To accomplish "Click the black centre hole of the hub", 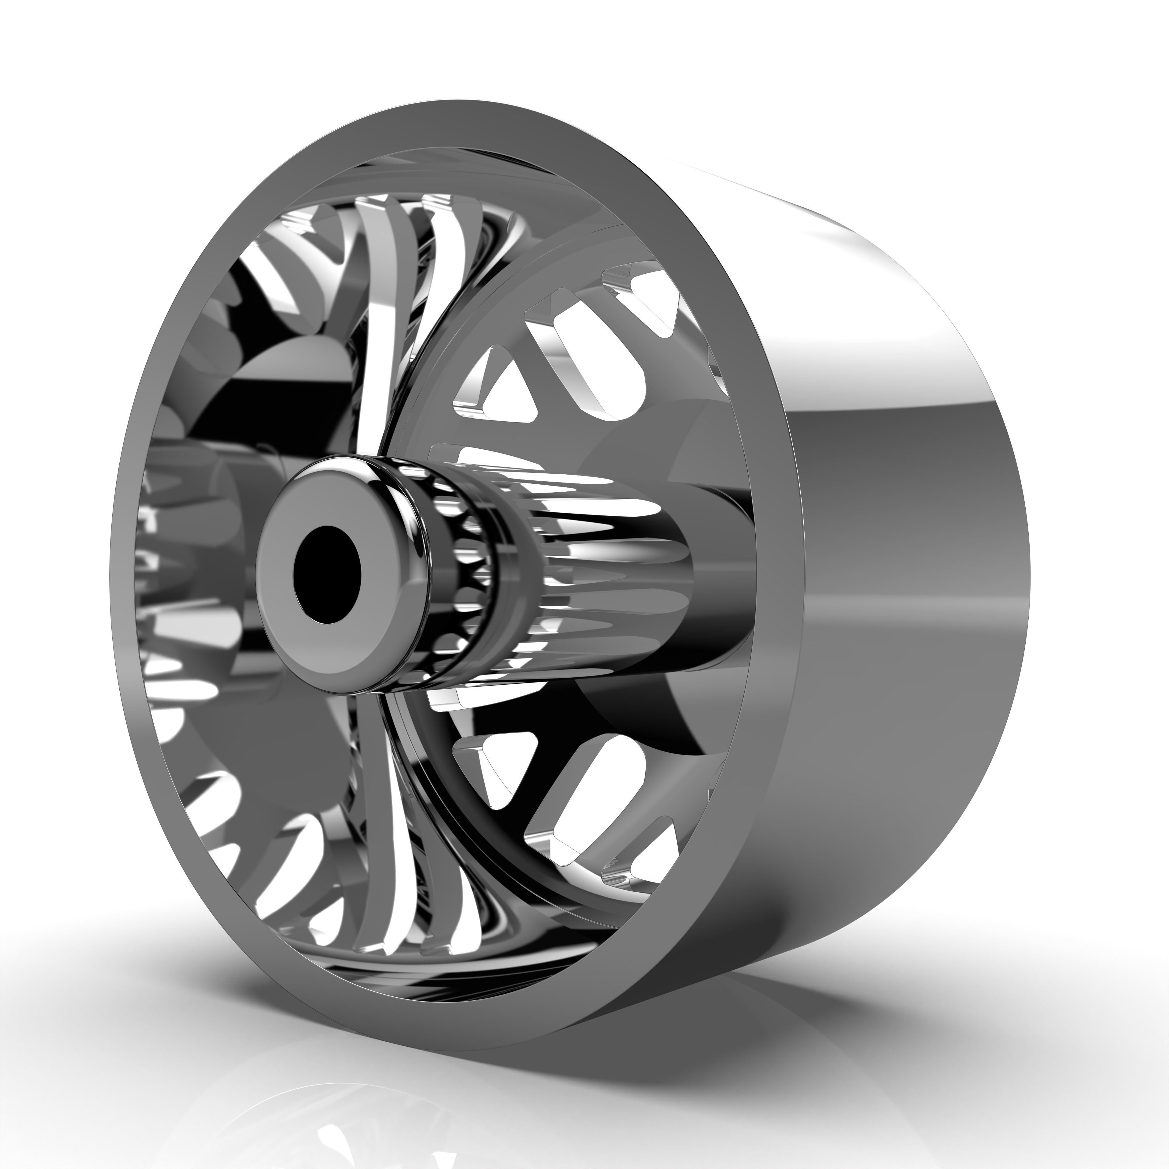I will click(x=327, y=574).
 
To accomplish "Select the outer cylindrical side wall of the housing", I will click(x=907, y=545).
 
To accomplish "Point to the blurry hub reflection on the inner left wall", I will click(x=200, y=545).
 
